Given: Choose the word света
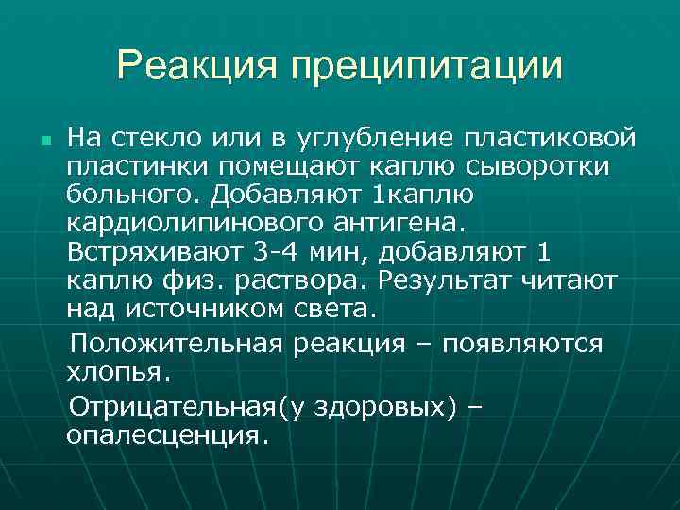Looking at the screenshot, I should [x=337, y=309].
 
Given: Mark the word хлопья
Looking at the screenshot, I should [x=118, y=371].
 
